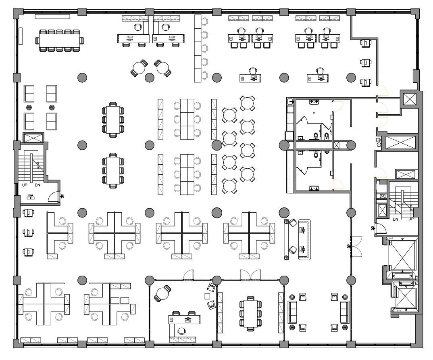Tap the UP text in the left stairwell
click(x=25, y=185)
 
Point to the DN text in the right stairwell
click(x=395, y=219)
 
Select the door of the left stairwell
click(x=53, y=197)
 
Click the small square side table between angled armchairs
click(x=208, y=296)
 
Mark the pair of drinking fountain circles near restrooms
click(x=378, y=142)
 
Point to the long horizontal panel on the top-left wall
click(x=52, y=16)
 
